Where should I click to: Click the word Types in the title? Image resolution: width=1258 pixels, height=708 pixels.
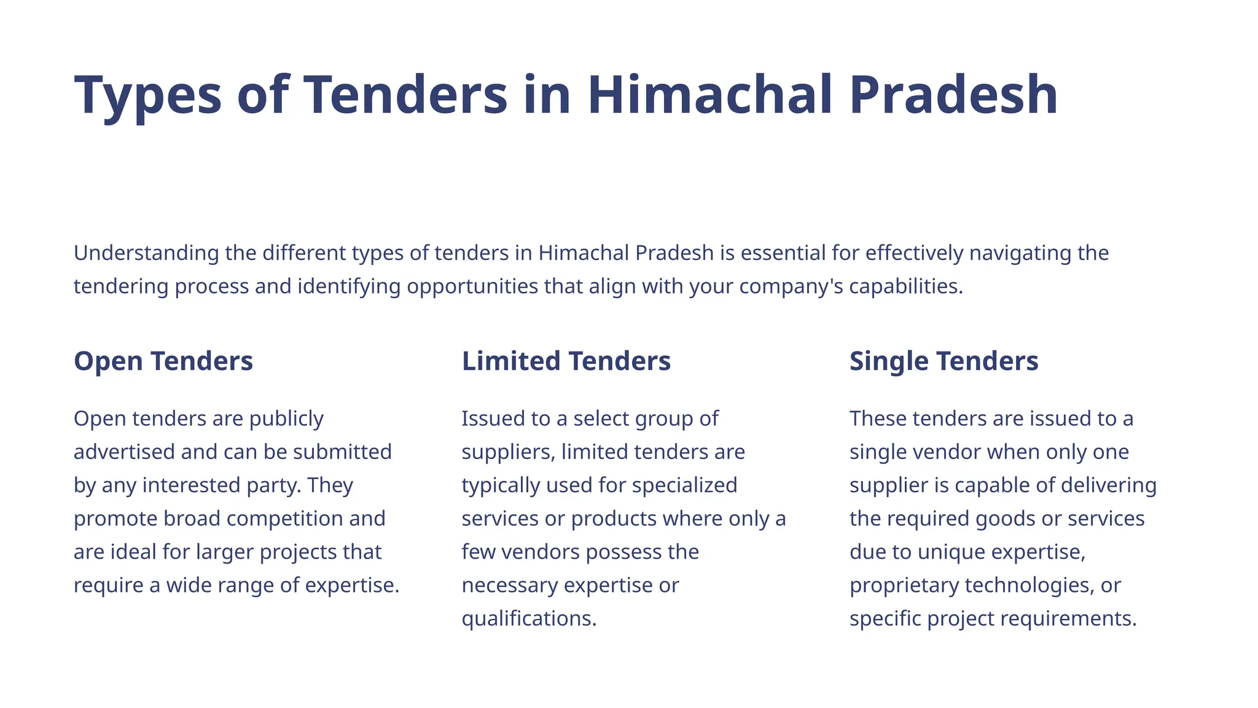coord(147,95)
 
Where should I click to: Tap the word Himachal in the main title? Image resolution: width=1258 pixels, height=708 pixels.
coord(710,95)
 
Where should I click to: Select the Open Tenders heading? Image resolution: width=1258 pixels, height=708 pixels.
coord(163,361)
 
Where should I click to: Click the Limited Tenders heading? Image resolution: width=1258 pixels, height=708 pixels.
coord(566,361)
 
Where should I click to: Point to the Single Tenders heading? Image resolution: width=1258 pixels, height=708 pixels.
coord(943,361)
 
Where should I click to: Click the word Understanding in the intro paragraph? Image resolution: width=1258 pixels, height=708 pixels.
coord(146,253)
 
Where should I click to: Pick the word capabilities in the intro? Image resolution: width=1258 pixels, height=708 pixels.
coord(905,286)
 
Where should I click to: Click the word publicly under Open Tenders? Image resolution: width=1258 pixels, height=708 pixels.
coord(286,419)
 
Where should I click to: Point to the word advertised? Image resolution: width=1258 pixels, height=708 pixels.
coord(125,452)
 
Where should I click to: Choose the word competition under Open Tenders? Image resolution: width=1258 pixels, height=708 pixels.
coord(282,519)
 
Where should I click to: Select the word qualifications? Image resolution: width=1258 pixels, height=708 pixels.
coord(529,618)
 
